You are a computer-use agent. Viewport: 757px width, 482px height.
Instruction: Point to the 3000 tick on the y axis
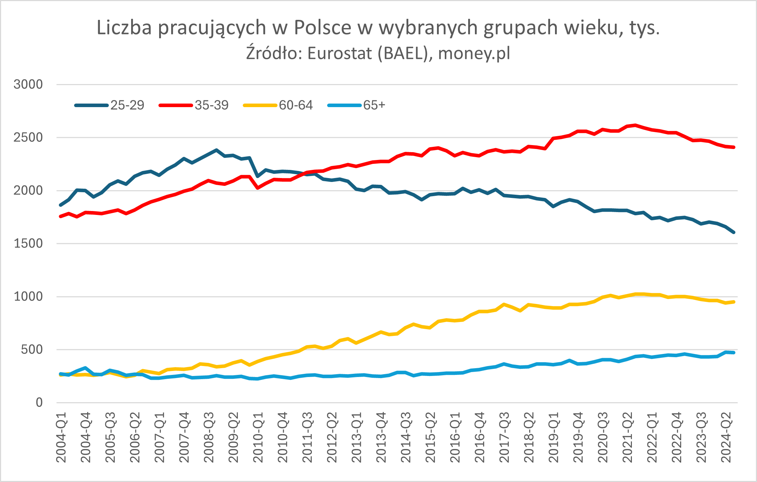tap(28, 84)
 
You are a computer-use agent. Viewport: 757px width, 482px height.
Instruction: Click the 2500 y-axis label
tap(28, 138)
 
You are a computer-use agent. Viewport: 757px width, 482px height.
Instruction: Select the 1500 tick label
tap(28, 244)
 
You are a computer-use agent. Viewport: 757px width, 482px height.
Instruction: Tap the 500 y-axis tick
tap(32, 350)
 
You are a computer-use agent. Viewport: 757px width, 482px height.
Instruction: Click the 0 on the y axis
tap(39, 403)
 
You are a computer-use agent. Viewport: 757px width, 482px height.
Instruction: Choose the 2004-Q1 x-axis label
tap(62, 437)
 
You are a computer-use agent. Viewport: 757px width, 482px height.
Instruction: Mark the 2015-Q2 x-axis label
tap(431, 437)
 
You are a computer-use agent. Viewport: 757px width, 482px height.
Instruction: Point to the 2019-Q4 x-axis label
tap(579, 437)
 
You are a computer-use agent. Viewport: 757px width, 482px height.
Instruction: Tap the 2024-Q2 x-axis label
tap(727, 437)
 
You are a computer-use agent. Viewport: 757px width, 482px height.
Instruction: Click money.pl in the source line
tap(474, 54)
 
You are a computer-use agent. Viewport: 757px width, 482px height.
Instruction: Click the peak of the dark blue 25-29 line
tap(216, 150)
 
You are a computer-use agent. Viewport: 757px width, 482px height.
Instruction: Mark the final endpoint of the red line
tap(734, 147)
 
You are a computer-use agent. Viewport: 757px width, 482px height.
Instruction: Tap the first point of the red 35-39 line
tap(61, 216)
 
